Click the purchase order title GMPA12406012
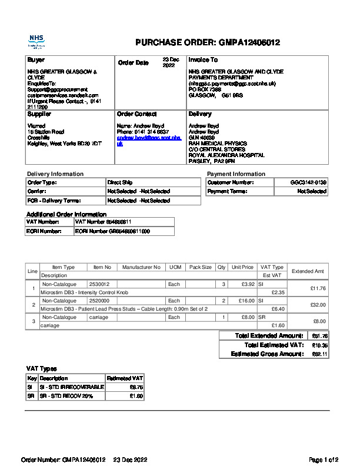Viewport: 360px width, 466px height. (x=208, y=43)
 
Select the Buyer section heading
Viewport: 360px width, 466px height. (x=36, y=60)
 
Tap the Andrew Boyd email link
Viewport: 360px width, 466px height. (x=144, y=140)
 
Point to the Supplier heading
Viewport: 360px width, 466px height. (x=39, y=114)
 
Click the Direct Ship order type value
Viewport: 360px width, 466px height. (x=120, y=182)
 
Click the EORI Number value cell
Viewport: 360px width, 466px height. (x=112, y=232)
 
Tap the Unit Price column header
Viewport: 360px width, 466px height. (x=242, y=267)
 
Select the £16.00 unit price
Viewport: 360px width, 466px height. (x=246, y=301)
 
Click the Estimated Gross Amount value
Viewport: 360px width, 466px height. (x=319, y=354)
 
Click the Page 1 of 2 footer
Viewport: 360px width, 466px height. (x=324, y=460)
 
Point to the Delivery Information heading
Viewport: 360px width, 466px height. (x=55, y=174)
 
